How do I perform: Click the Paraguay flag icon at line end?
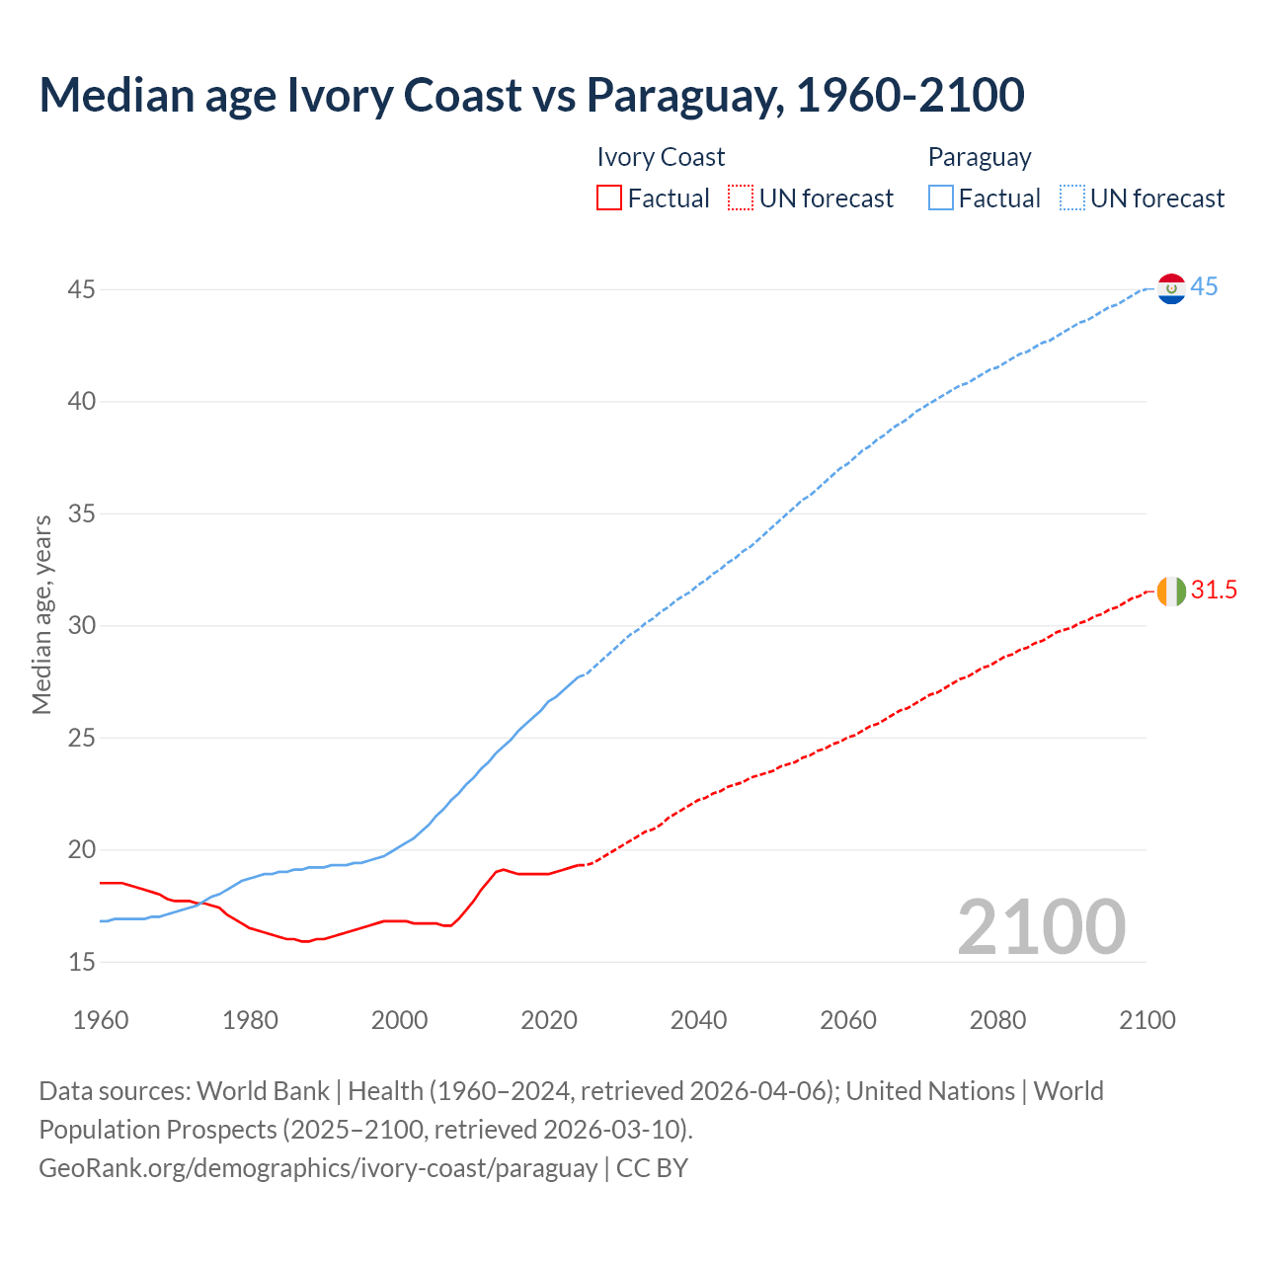tap(1171, 288)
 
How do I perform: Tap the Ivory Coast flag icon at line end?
tap(1171, 592)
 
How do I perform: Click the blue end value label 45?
tap(1204, 287)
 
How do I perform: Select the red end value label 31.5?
tap(1214, 591)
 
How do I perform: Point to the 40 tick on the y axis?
tap(82, 402)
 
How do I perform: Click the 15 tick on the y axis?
tap(82, 962)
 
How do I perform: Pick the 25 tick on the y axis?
tap(82, 738)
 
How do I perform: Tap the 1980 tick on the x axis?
tap(250, 1020)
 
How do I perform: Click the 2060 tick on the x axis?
tap(848, 1020)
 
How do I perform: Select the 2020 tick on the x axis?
tap(549, 1020)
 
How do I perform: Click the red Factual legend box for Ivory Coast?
tap(609, 197)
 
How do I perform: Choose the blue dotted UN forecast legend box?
tap(1072, 197)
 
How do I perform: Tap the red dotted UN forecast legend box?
tap(741, 197)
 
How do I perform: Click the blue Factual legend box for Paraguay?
tap(941, 197)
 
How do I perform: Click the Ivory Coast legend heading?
tap(661, 157)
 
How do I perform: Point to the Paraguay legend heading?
tap(980, 157)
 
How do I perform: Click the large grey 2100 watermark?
tap(1041, 926)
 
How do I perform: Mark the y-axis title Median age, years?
tap(41, 614)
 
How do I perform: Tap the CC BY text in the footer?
tap(652, 1168)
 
